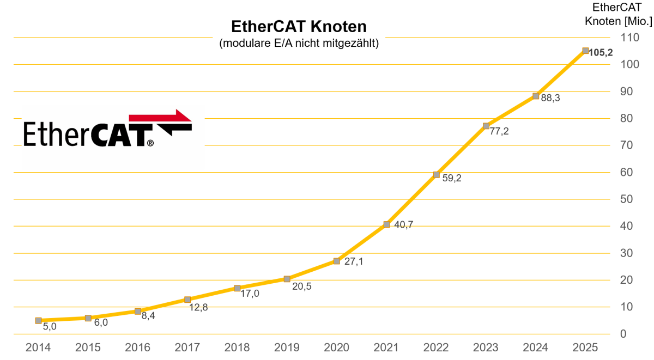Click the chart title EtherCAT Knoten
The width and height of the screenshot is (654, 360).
coord(299,27)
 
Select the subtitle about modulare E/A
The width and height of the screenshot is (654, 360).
coord(299,44)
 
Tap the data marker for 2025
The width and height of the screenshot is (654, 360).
coord(585,51)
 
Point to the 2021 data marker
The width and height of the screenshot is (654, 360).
coord(386,224)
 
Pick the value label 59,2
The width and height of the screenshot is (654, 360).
coord(451,178)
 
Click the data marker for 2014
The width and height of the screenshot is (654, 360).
coord(38,321)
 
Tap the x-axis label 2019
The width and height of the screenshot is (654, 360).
coord(287,347)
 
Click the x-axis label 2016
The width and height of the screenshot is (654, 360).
coord(137,347)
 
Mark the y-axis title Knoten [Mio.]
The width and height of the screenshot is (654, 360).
coord(619,22)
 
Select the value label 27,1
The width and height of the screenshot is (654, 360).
coord(353,261)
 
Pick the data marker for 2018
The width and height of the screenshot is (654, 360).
coord(237,288)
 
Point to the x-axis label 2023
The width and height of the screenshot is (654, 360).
coord(486,347)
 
